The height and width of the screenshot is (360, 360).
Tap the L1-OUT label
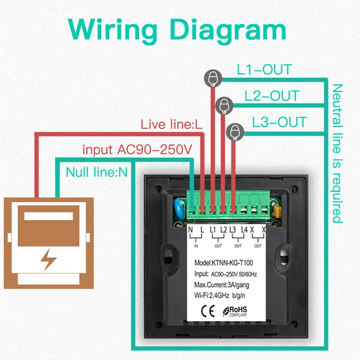pos(264,70)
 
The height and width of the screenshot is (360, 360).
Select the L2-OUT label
pos(272,96)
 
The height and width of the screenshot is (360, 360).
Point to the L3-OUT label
pos(279,122)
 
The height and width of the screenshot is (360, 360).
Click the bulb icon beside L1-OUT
pos(213,78)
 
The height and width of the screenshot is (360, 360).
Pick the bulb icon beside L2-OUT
pos(224,106)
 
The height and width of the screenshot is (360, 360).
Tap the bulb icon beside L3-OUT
pos(235,132)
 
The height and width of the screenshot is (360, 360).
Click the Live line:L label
pos(171,125)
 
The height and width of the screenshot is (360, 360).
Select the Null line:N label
pos(96,172)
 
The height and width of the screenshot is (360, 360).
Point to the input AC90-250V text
pos(137,150)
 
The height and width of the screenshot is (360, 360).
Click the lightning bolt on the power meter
pos(48,260)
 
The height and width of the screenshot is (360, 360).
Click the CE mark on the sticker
pos(208,311)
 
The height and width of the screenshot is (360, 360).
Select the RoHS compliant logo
pos(235,311)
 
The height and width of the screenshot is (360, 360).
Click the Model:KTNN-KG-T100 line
pos(224,263)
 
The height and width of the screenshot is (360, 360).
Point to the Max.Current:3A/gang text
pos(221,285)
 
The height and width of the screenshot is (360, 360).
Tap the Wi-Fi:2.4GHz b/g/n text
pos(220,295)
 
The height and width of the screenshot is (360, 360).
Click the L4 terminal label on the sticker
pos(244,229)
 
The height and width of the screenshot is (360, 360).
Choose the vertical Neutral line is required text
pos(337,153)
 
